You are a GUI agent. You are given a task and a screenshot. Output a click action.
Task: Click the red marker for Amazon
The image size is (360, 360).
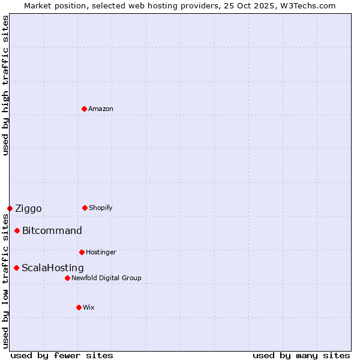pos(84,109)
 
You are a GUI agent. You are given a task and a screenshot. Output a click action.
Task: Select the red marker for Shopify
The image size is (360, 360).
pos(85,208)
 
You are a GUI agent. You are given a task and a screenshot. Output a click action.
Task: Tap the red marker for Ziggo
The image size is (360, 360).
pos(10,208)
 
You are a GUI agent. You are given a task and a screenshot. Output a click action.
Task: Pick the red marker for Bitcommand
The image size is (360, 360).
pos(17,230)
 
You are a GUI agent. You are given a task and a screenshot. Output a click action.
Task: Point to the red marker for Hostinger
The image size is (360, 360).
pos(82,252)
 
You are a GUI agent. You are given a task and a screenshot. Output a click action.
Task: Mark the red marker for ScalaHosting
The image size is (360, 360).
pos(16,268)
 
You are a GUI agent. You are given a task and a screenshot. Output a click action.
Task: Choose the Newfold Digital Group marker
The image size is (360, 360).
pos(67,278)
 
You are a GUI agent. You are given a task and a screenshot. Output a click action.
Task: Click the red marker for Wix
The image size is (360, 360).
pos(79,307)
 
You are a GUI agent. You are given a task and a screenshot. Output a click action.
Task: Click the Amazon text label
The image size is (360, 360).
pos(101,109)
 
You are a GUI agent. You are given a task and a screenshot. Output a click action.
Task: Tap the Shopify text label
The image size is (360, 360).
pos(101,208)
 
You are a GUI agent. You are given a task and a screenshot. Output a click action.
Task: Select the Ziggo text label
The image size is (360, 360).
pos(28,209)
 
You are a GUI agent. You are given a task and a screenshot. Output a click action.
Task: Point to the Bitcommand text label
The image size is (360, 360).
pos(52,231)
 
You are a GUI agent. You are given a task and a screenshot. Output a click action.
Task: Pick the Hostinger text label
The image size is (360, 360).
pos(101,252)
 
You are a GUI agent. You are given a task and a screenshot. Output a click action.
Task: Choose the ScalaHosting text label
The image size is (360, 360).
pos(53,268)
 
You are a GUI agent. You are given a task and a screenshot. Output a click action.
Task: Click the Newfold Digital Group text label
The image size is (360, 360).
pos(106,278)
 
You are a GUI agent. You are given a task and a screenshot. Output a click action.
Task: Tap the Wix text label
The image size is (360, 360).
pos(89,307)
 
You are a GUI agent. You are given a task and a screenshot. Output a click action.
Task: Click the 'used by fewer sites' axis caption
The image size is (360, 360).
pos(62,355)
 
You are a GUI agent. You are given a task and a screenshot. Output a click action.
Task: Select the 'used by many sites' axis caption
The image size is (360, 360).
pos(301,355)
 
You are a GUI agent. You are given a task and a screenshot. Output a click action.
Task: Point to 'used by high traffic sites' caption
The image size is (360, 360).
pos(5,85)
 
